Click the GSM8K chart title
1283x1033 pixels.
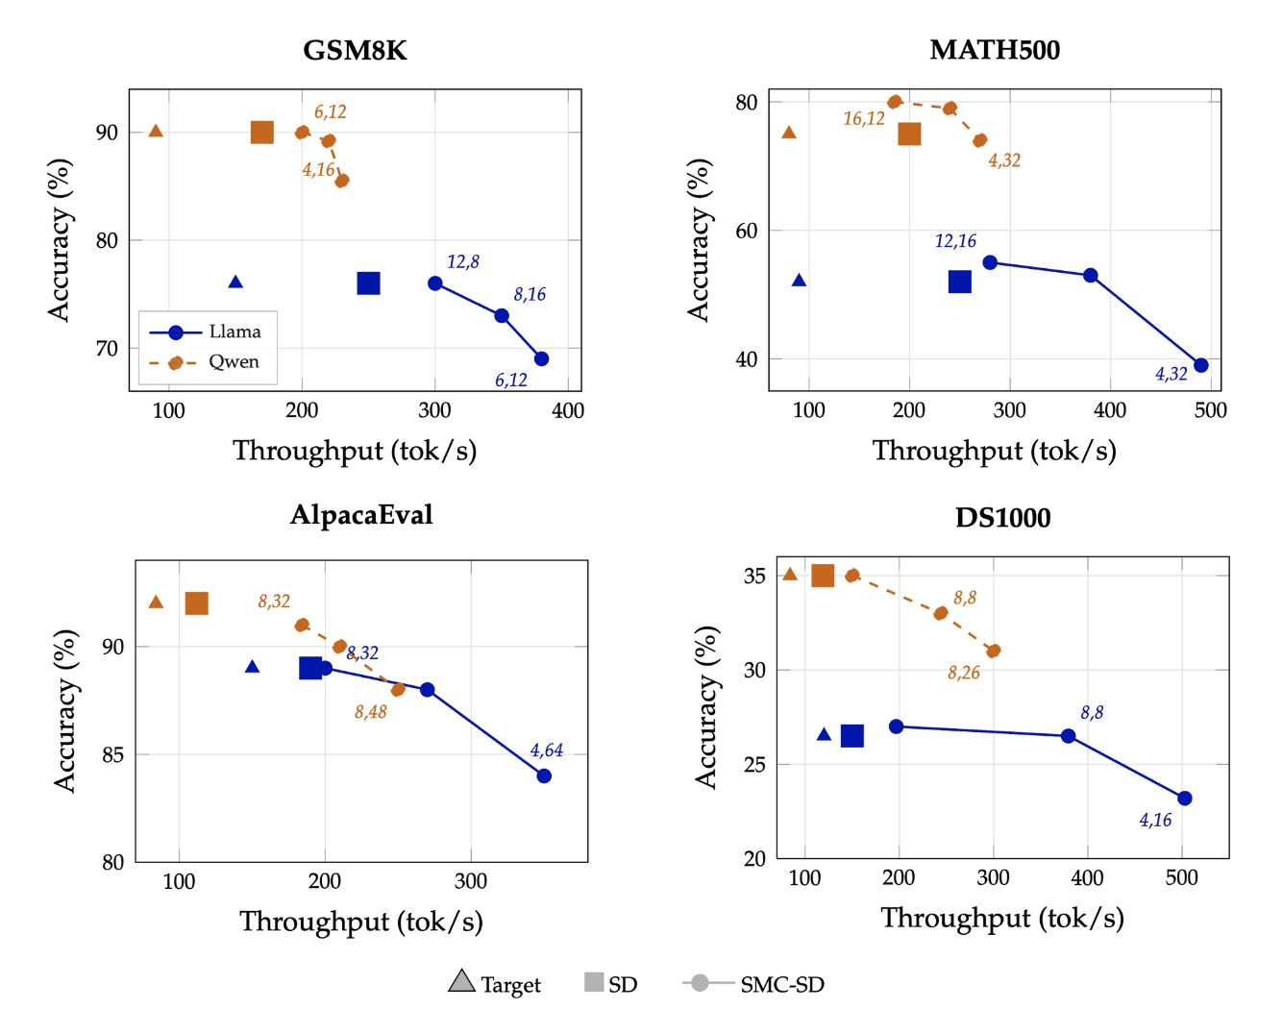click(x=355, y=50)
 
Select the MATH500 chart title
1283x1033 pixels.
click(x=995, y=50)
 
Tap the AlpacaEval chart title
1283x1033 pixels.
click(x=361, y=515)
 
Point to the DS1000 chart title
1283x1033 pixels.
click(x=1002, y=518)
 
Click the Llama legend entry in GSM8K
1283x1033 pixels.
click(x=234, y=332)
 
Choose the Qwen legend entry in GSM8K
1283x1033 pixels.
click(x=234, y=362)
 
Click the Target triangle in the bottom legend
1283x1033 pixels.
click(x=461, y=981)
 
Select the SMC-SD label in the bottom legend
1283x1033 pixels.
click(x=781, y=984)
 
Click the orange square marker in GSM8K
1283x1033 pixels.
click(x=261, y=133)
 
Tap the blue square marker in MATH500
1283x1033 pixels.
click(x=959, y=282)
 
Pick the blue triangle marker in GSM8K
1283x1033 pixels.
click(x=235, y=283)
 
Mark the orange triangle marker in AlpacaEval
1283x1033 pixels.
click(x=156, y=603)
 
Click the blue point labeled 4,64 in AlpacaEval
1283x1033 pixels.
click(x=544, y=775)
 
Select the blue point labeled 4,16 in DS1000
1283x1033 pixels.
click(x=1184, y=799)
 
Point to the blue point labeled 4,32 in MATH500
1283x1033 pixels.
click(x=1200, y=365)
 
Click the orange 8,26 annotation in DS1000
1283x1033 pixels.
click(x=963, y=673)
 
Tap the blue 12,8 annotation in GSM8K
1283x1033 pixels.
click(x=462, y=261)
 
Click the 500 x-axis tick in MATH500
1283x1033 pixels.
click(x=1210, y=410)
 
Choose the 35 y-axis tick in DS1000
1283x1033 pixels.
click(x=754, y=576)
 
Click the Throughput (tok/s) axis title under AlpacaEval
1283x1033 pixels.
click(x=360, y=922)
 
